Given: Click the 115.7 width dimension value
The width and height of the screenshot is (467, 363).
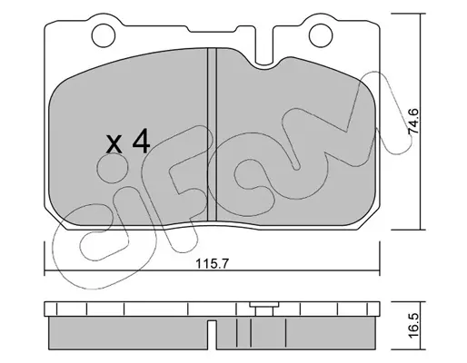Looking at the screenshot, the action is pyautogui.click(x=212, y=264).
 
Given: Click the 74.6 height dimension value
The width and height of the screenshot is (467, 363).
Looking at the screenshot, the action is pyautogui.click(x=413, y=122).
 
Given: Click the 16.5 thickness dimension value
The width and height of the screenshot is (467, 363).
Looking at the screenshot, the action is pyautogui.click(x=413, y=325).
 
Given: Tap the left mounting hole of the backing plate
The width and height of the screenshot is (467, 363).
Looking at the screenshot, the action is pyautogui.click(x=104, y=35).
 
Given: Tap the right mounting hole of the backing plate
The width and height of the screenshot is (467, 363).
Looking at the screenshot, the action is pyautogui.click(x=321, y=35).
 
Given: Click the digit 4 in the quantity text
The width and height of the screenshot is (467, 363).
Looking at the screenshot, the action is pyautogui.click(x=141, y=141).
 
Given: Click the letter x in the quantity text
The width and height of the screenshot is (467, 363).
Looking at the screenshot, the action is pyautogui.click(x=114, y=144).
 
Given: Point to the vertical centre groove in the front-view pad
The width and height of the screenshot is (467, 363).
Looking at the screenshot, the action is pyautogui.click(x=212, y=134).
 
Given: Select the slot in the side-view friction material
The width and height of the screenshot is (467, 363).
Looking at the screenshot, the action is pyautogui.click(x=212, y=335).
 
